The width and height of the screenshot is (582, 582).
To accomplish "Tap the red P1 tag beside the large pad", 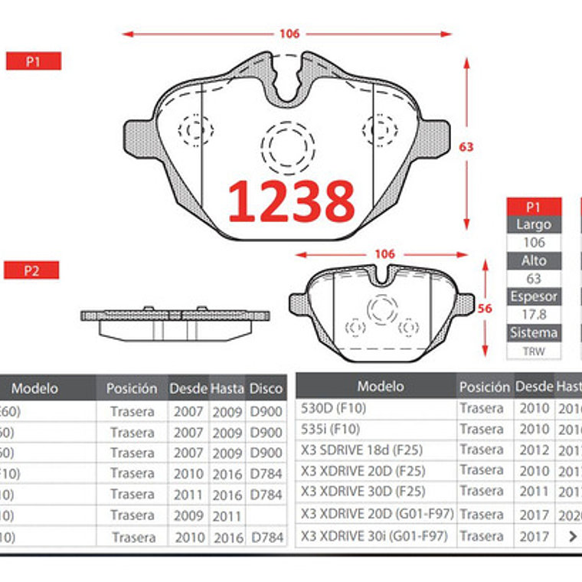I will click(x=33, y=62).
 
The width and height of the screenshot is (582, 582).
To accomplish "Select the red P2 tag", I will click(x=31, y=270).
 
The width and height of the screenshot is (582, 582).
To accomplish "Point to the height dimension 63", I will click(x=466, y=147).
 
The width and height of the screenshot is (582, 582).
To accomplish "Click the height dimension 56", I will click(x=484, y=309).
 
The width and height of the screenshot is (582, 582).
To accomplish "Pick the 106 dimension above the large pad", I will click(x=289, y=34).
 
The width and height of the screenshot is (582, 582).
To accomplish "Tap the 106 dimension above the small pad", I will click(x=384, y=254).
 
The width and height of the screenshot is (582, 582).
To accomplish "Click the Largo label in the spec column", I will click(x=534, y=225).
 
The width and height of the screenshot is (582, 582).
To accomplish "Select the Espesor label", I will click(x=534, y=297).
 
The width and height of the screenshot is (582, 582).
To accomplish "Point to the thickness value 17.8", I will click(x=534, y=315).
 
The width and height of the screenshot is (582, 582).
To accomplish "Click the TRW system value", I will click(x=534, y=351).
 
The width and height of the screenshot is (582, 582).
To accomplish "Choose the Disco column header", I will click(x=266, y=388).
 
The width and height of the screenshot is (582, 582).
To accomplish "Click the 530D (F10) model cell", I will click(x=335, y=408).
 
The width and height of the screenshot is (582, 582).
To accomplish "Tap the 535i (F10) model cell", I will click(x=331, y=429).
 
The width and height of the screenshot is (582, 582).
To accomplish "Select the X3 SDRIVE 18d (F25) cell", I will click(x=361, y=450).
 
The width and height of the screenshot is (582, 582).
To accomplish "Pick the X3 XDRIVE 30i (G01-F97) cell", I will click(x=374, y=536).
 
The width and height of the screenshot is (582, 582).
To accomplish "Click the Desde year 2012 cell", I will click(x=534, y=450).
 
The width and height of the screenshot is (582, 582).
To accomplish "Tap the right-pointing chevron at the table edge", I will click(x=572, y=536).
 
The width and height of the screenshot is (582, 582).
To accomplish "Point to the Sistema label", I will click(x=534, y=333).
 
